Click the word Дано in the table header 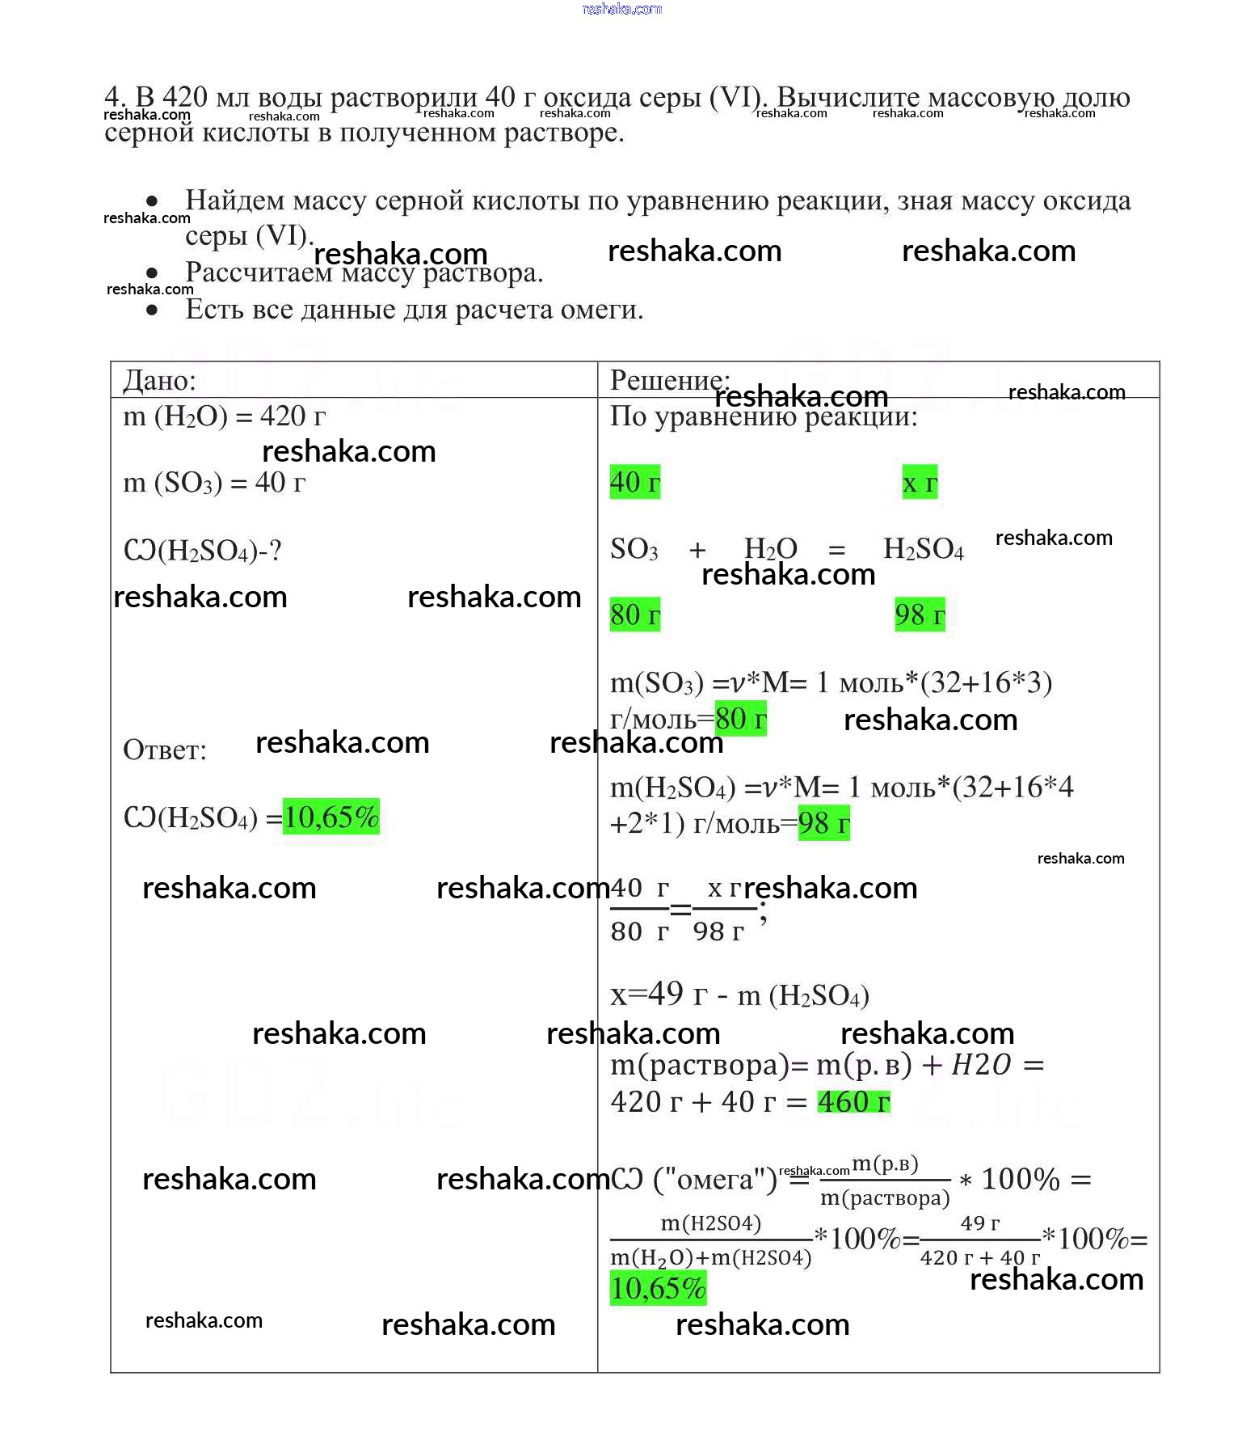[x=158, y=381]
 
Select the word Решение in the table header [x=667, y=380]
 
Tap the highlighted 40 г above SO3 [x=634, y=482]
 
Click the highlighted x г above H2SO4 [x=920, y=483]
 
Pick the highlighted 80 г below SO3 [x=634, y=615]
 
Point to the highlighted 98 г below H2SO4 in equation [x=920, y=615]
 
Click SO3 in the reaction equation [x=634, y=549]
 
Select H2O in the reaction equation [x=770, y=549]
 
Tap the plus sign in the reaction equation [x=697, y=551]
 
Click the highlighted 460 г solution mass [x=853, y=1101]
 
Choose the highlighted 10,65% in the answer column [x=331, y=817]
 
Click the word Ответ [x=164, y=750]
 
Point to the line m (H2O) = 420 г [x=224, y=416]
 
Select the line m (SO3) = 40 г [x=214, y=483]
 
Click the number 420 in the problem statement [x=185, y=97]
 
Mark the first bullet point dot [x=152, y=201]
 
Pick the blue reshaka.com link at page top [x=621, y=9]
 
